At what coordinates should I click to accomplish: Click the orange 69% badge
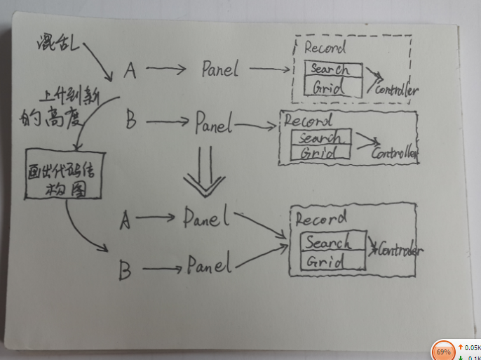[444, 350]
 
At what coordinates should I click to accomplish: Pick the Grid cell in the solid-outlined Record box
[325, 262]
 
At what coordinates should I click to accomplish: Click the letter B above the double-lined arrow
[130, 121]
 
